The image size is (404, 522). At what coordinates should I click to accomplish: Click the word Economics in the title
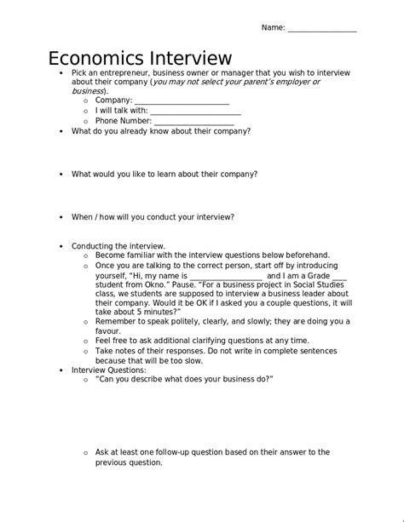[95, 59]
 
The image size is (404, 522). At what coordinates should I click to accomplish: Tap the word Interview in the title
[189, 59]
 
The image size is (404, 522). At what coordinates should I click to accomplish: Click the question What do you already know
[160, 131]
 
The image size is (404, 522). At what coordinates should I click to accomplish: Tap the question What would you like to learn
[164, 174]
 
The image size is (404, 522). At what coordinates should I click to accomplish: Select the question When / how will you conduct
[153, 216]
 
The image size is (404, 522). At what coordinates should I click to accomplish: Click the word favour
[107, 331]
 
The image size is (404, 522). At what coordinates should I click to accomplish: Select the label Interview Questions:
[108, 370]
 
